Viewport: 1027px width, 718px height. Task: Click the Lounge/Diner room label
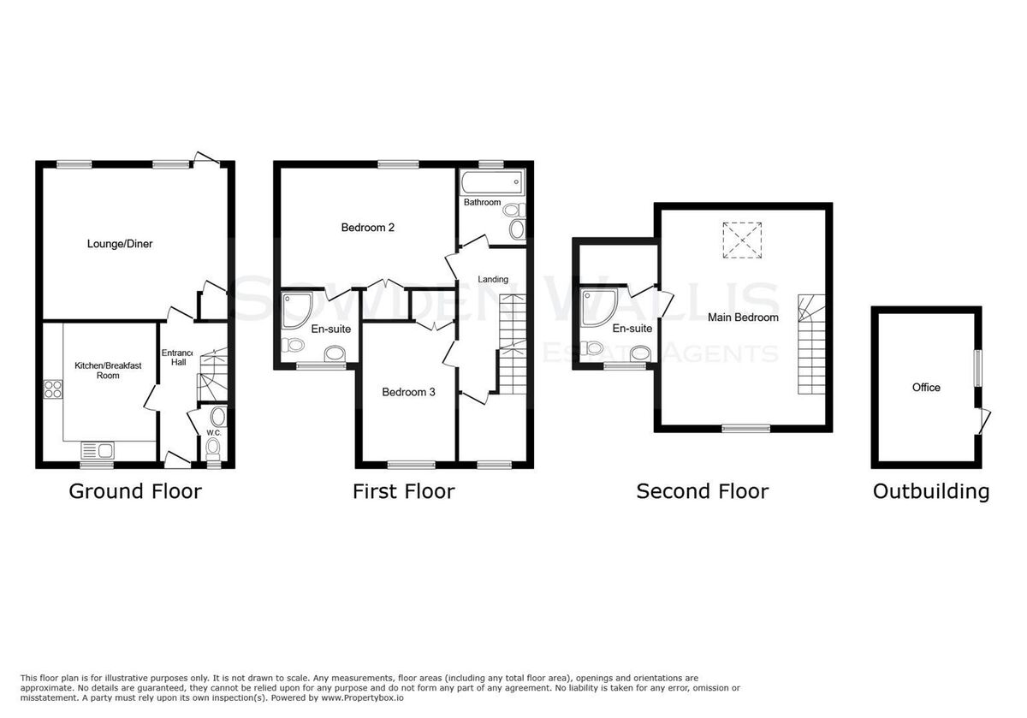click(120, 244)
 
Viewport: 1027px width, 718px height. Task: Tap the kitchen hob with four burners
click(53, 389)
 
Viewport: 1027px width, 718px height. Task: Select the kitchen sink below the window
click(98, 450)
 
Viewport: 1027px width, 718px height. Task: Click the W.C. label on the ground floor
click(214, 433)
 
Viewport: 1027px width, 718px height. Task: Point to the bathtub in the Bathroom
click(492, 182)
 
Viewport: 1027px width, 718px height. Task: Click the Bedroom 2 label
click(368, 228)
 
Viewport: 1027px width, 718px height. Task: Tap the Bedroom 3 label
click(408, 392)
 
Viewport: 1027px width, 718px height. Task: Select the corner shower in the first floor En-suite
click(297, 311)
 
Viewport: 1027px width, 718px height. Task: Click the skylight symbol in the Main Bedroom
click(742, 240)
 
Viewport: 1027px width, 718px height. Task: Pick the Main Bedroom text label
click(743, 317)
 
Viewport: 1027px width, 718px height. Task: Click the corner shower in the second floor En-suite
click(599, 308)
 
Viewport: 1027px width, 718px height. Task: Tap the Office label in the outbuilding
click(926, 388)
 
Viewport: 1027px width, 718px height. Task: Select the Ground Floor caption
click(135, 491)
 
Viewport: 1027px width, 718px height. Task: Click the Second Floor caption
click(703, 491)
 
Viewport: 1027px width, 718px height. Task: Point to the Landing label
click(493, 279)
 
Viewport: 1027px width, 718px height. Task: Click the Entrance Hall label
click(177, 357)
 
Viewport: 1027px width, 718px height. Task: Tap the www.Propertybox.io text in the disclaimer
click(362, 697)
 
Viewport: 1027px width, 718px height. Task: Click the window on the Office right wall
click(978, 368)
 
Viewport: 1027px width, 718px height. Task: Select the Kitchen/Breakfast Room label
click(108, 371)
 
